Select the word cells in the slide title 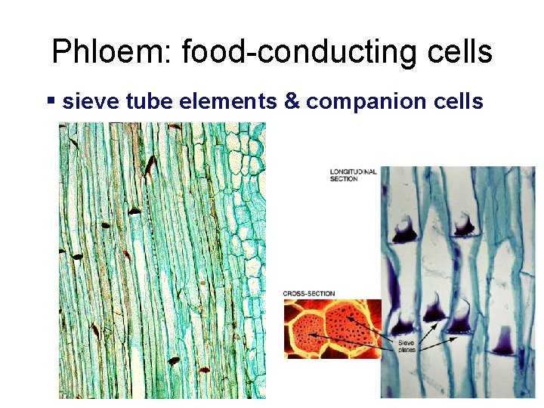pyautogui.click(x=458, y=52)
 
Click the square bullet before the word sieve pyautogui.click(x=51, y=99)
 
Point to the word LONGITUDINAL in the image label pyautogui.click(x=353, y=172)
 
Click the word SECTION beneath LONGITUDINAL pyautogui.click(x=343, y=179)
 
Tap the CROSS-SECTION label pyautogui.click(x=309, y=293)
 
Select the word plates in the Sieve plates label pyautogui.click(x=407, y=350)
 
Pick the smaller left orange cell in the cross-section pyautogui.click(x=304, y=332)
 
